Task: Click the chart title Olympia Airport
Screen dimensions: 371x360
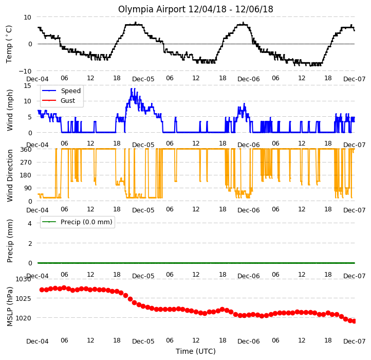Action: point(152,9)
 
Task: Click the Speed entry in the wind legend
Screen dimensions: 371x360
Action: point(71,91)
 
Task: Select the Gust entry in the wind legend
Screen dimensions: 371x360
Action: point(68,101)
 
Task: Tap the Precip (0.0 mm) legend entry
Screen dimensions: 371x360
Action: point(86,222)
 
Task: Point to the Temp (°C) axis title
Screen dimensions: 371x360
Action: point(9,44)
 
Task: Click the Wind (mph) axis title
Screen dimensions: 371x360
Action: point(9,110)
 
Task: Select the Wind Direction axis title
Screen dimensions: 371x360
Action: point(9,175)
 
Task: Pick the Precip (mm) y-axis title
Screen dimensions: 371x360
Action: point(9,241)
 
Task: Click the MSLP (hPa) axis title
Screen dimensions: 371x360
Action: point(9,307)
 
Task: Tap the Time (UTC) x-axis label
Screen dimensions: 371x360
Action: point(196,351)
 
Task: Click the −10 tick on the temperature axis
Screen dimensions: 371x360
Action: point(25,71)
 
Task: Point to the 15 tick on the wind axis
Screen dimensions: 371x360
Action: point(27,85)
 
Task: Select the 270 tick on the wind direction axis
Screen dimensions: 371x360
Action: point(26,163)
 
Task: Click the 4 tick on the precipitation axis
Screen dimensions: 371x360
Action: point(30,223)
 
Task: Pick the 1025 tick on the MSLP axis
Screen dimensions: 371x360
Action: point(23,298)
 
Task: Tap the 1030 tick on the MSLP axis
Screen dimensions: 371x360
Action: point(23,279)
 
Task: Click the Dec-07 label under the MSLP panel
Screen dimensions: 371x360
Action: point(354,341)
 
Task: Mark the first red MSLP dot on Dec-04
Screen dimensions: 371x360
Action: point(42,290)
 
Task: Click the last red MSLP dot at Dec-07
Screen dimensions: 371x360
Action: point(354,321)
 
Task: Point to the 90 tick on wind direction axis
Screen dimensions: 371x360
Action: point(28,188)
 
